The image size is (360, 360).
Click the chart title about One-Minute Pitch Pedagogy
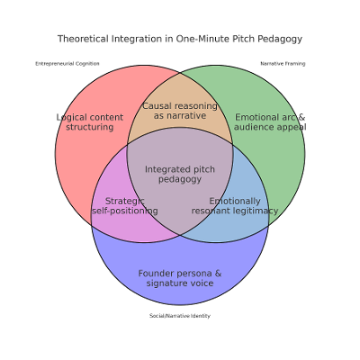(x=180, y=39)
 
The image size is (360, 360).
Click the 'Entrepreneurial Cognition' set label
(x=67, y=64)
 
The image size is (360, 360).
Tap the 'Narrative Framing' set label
(x=283, y=64)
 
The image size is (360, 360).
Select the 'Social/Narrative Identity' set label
(x=180, y=316)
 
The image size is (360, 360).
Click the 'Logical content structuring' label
(x=89, y=122)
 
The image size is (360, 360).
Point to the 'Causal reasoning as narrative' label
(x=180, y=111)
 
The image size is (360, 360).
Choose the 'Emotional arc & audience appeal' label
(x=270, y=122)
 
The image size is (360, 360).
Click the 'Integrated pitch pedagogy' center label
(x=180, y=174)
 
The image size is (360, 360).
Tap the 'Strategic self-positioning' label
(x=125, y=206)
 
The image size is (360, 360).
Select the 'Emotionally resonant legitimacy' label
(x=235, y=206)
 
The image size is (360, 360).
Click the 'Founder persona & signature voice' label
(x=180, y=278)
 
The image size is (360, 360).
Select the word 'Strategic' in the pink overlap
(x=125, y=201)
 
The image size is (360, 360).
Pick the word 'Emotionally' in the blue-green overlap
(x=235, y=201)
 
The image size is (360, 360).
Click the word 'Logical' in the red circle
(x=73, y=117)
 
